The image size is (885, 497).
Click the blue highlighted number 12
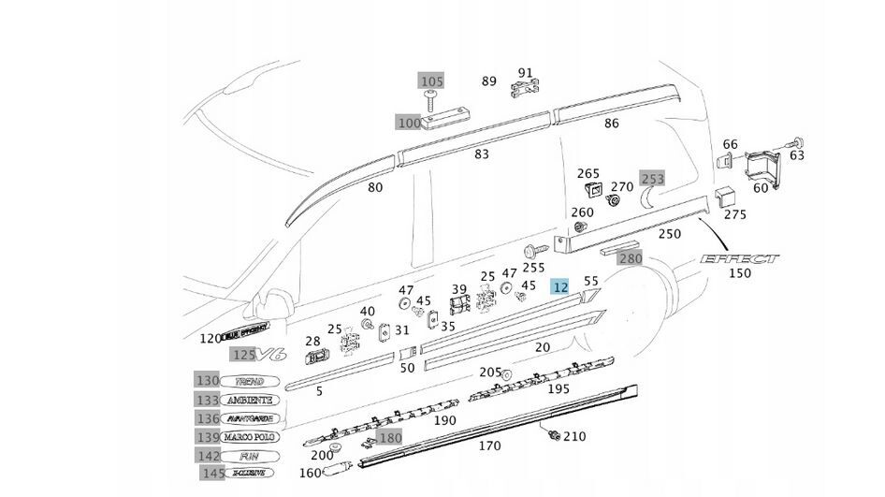[x=560, y=286]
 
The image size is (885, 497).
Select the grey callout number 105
[x=431, y=82]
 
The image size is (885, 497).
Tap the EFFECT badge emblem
[x=739, y=258]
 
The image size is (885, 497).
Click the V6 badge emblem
[x=272, y=354]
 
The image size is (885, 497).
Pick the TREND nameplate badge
[x=248, y=382]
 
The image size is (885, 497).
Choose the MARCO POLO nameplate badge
[x=248, y=437]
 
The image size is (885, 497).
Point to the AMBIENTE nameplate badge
[x=248, y=400]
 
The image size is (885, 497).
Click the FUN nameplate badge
[x=248, y=455]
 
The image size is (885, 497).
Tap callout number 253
[x=651, y=178]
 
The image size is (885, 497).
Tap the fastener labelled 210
[x=554, y=434]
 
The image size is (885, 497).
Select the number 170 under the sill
[x=489, y=446]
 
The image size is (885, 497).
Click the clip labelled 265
[x=592, y=191]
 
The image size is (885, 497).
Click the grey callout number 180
[x=390, y=438]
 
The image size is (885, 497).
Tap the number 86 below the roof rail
[x=612, y=123]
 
